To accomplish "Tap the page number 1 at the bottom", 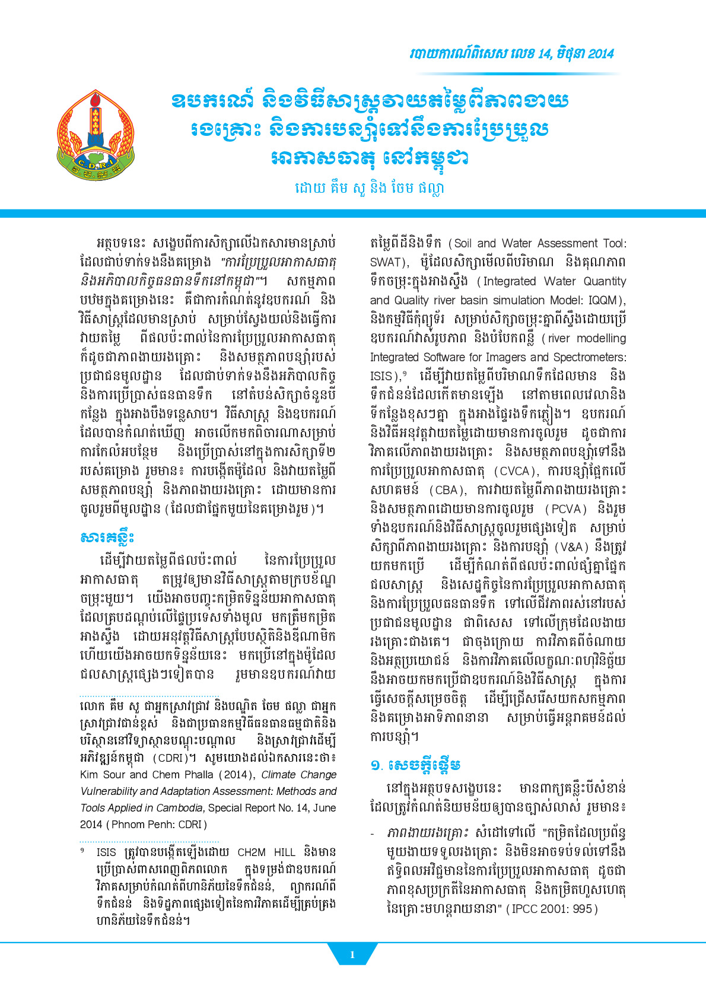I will [352, 955].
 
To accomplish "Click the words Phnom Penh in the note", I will [142, 825].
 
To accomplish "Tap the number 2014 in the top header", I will [599, 54].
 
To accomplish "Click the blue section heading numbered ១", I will [416, 765].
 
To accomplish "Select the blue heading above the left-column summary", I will [107, 537].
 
